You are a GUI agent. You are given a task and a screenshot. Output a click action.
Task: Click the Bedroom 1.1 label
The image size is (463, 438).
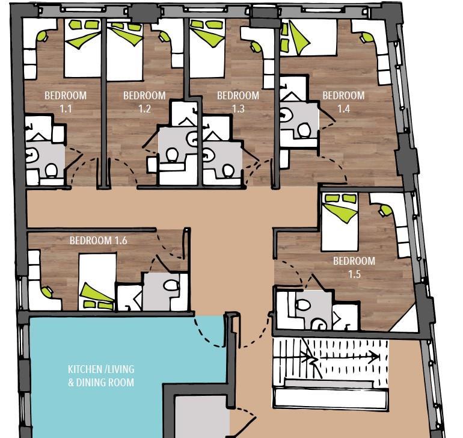[x=66, y=102]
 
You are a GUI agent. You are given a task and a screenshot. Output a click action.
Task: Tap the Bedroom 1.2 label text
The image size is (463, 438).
[x=144, y=102]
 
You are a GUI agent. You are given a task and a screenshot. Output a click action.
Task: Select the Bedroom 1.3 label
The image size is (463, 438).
[x=238, y=102]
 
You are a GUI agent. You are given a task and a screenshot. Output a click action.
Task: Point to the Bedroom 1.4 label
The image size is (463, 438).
[x=343, y=102]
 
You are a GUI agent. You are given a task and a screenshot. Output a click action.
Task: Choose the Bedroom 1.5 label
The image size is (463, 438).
[x=354, y=267]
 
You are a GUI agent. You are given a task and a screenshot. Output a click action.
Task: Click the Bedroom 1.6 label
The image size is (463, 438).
[x=98, y=240]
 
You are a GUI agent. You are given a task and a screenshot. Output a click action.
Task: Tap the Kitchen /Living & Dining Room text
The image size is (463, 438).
[x=100, y=375]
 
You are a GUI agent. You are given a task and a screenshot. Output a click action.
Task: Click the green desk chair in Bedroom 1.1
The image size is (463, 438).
[x=43, y=36]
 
